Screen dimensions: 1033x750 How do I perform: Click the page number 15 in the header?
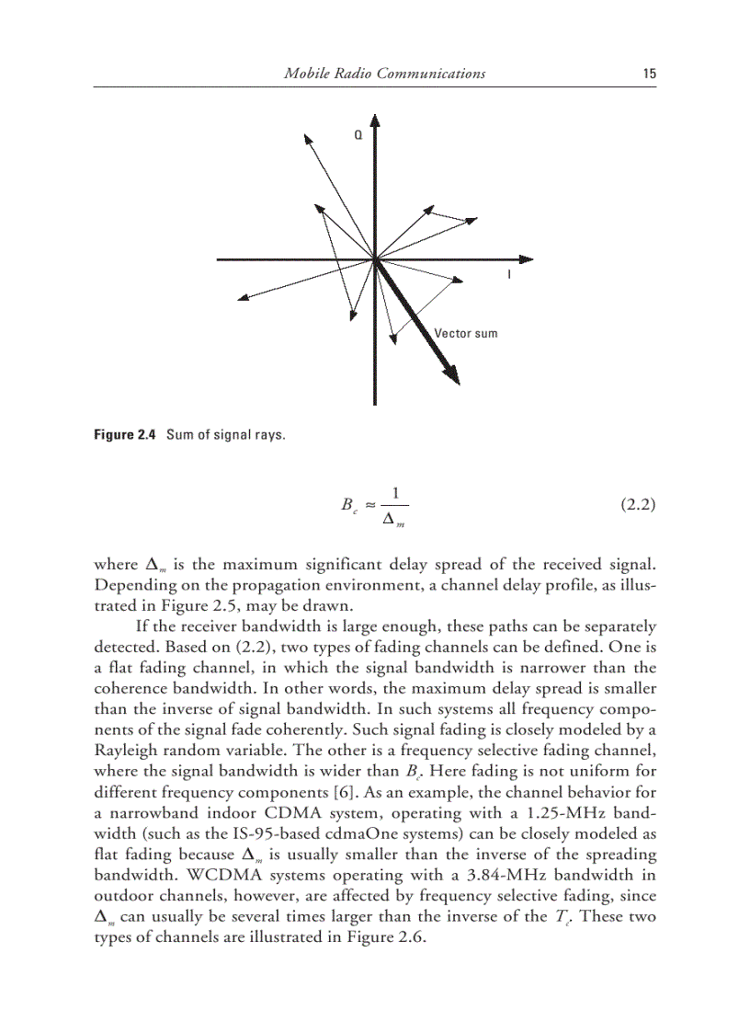click(649, 74)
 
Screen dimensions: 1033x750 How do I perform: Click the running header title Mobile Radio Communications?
click(385, 74)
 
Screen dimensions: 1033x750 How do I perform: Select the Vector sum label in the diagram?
click(465, 333)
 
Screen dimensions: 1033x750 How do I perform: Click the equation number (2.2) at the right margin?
click(635, 504)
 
